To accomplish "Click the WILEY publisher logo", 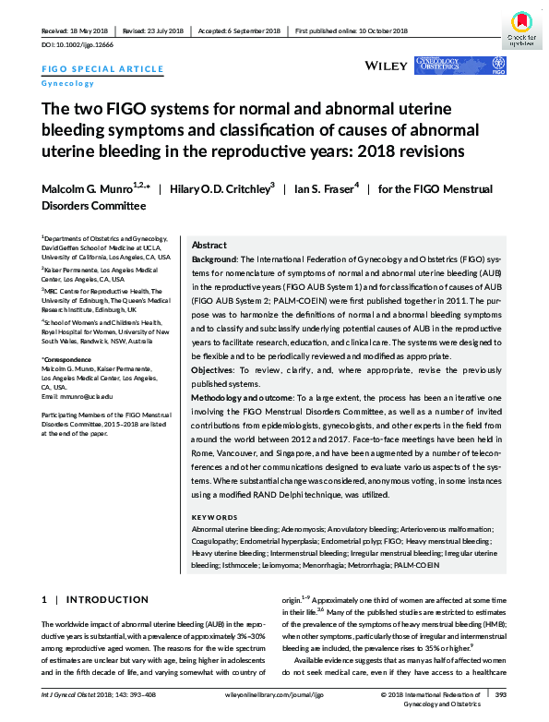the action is [x=387, y=66].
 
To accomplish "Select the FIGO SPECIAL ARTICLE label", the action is [x=103, y=69].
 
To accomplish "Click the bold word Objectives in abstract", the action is [x=213, y=394].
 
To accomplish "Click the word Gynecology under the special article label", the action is [x=67, y=83].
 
